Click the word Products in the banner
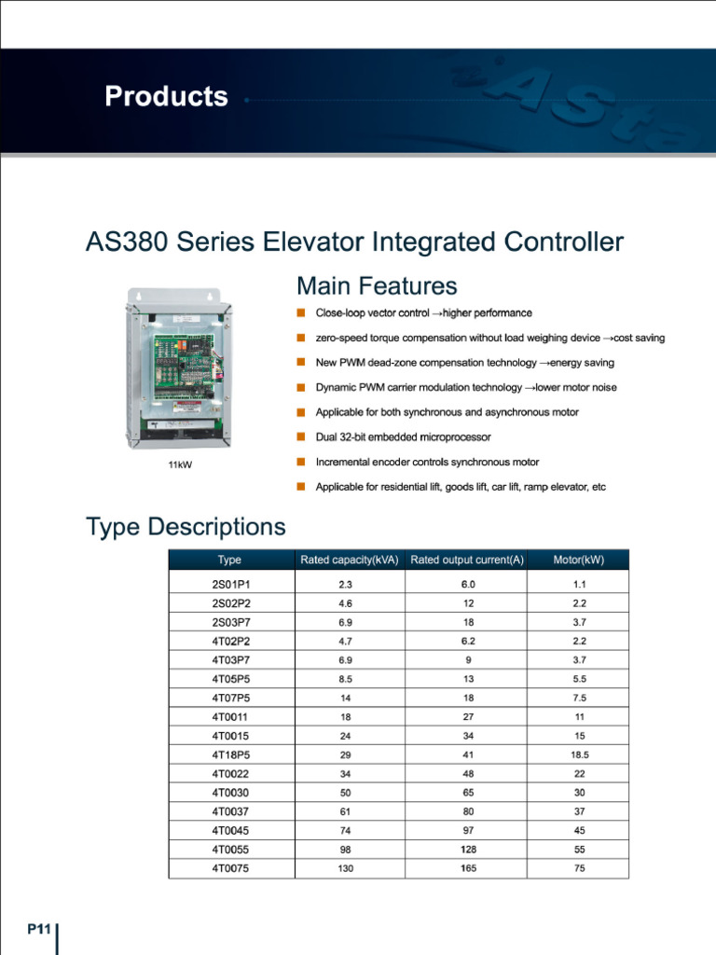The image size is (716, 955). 166,97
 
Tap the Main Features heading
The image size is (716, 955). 377,285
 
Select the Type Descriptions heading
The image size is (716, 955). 186,527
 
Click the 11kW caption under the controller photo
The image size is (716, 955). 180,464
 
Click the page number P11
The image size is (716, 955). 38,929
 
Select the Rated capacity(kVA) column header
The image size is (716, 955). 350,560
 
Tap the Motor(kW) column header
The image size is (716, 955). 579,560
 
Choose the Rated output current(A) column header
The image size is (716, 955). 467,560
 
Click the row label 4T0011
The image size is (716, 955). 230,716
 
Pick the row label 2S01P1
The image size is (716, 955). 231,584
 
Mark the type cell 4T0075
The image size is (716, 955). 230,868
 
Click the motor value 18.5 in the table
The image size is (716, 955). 579,754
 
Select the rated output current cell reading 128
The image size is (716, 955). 467,850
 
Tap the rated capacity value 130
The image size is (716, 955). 346,868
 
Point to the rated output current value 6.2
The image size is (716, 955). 467,641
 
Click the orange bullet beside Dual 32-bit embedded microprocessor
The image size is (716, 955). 301,436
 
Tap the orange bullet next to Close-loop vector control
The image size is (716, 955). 301,312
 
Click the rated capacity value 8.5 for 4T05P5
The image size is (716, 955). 346,679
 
